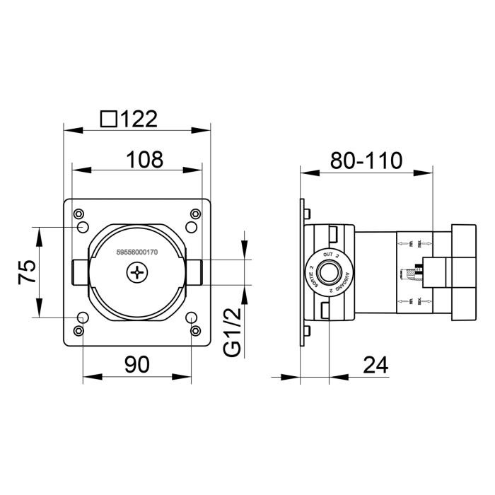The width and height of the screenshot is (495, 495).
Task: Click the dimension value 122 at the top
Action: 139,118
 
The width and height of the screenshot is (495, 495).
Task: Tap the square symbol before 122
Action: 109,118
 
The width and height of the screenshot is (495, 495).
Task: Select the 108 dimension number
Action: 144,159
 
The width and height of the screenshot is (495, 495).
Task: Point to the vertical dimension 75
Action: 26,272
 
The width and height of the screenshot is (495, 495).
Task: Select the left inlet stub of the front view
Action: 78,272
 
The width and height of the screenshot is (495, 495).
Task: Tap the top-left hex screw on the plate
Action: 78,214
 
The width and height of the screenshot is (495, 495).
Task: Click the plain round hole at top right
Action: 191,227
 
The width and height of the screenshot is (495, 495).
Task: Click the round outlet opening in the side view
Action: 329,272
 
